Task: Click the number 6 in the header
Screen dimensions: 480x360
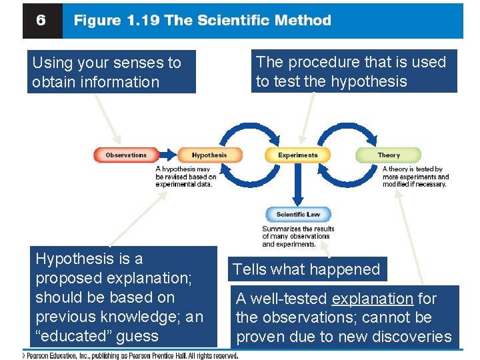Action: pyautogui.click(x=41, y=21)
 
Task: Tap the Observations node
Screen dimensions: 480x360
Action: pyautogui.click(x=126, y=155)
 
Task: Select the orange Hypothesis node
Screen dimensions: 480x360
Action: pyautogui.click(x=209, y=155)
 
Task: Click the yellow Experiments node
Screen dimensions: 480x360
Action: pyautogui.click(x=298, y=155)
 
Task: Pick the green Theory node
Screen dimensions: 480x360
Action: pyautogui.click(x=389, y=155)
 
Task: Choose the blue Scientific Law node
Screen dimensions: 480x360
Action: pyautogui.click(x=298, y=215)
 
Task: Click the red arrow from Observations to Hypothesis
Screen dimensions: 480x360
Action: pyautogui.click(x=167, y=155)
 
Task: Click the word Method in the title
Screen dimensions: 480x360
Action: pyautogui.click(x=304, y=20)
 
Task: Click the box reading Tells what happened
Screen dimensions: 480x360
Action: pyautogui.click(x=306, y=269)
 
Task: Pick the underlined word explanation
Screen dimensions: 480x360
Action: pyautogui.click(x=372, y=299)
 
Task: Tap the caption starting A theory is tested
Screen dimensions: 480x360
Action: pyautogui.click(x=415, y=177)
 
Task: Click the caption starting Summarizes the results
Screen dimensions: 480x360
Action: pyautogui.click(x=298, y=236)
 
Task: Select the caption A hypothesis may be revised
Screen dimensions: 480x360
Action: pyautogui.click(x=186, y=177)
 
